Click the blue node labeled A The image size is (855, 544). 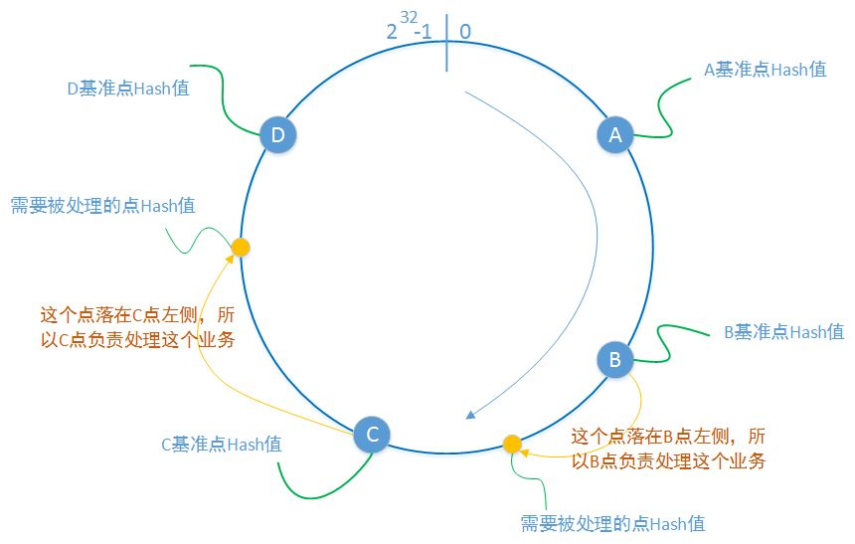615,134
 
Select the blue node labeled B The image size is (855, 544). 615,359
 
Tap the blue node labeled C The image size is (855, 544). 372,434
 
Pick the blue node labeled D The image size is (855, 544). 277,134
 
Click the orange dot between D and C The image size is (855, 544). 240,247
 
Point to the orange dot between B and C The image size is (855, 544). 512,444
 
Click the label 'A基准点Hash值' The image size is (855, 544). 765,71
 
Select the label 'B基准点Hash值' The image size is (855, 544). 784,331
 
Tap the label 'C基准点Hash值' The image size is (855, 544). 222,445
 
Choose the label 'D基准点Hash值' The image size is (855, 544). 128,88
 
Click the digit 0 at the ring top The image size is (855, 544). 465,31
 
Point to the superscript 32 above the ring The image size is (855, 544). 409,16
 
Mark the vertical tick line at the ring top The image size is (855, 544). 446,44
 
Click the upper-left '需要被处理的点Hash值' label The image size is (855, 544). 102,206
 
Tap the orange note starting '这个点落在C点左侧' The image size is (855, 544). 137,325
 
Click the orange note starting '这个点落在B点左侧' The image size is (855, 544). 668,449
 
